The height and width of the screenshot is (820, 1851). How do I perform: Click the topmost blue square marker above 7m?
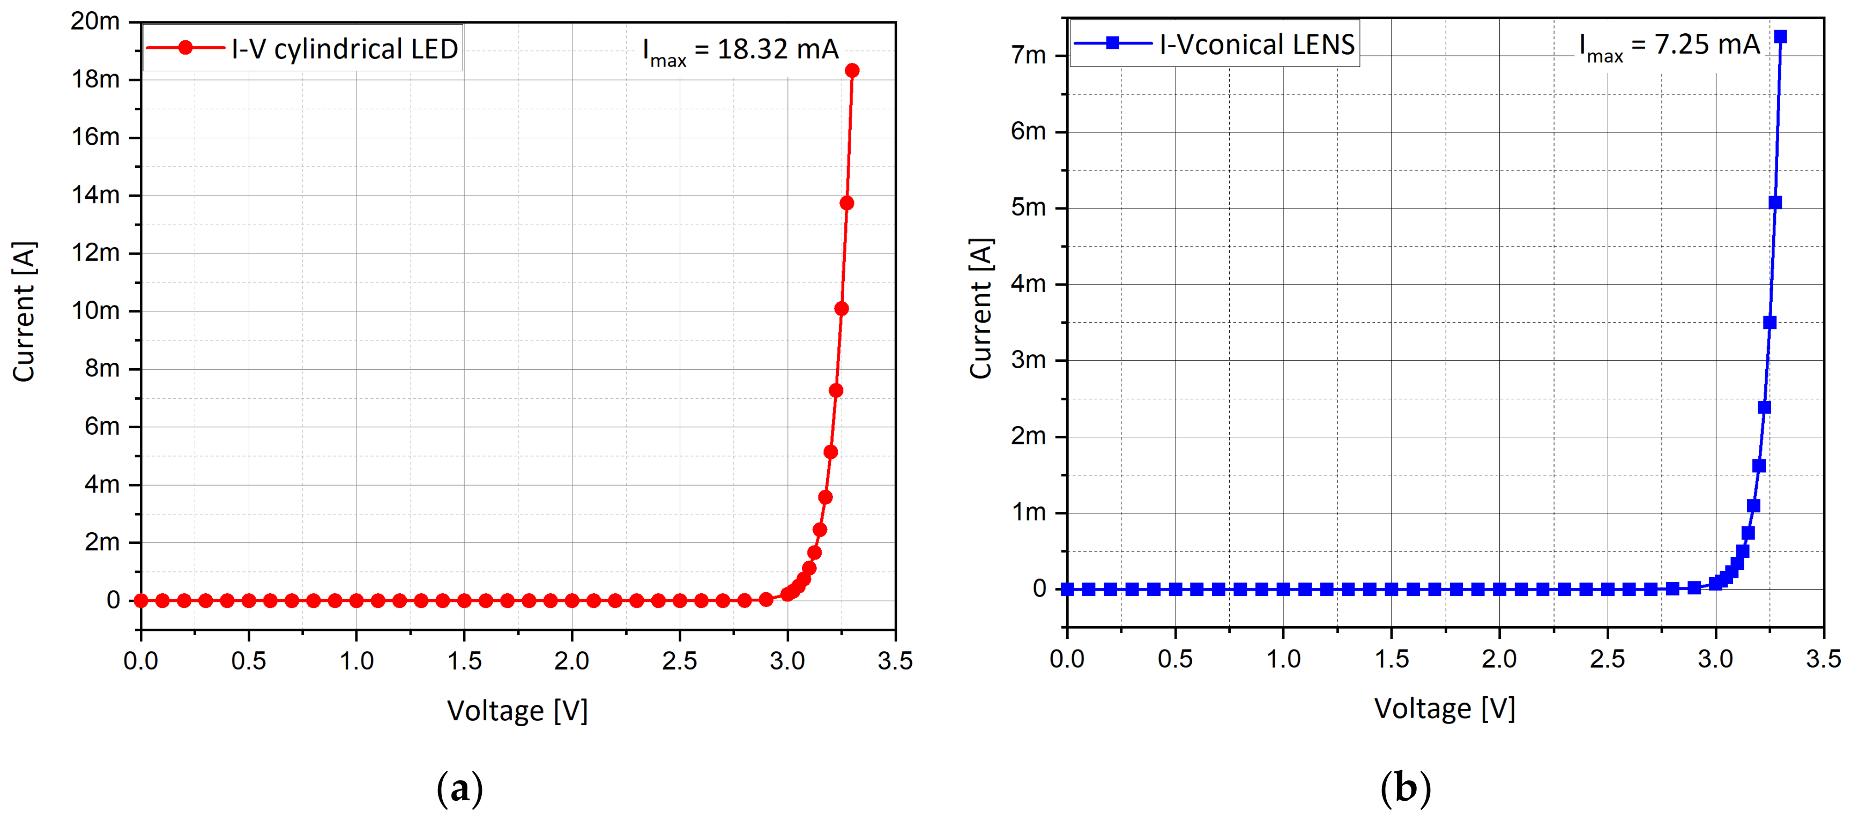[1780, 36]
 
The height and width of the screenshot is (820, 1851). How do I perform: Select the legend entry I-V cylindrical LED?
[302, 49]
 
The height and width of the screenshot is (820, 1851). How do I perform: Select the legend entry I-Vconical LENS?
[1214, 44]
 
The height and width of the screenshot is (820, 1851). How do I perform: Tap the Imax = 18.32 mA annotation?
[740, 50]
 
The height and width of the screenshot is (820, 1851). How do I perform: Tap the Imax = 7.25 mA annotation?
[1669, 46]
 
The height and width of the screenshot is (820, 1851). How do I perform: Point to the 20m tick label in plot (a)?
[95, 21]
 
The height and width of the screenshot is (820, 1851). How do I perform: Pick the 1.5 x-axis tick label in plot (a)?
[464, 660]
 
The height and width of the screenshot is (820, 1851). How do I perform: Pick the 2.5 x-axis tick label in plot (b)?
[1608, 658]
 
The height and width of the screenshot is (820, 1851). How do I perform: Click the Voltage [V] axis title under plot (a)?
[517, 711]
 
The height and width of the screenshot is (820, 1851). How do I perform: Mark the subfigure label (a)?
[460, 789]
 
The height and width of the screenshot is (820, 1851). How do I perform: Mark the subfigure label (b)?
[1405, 788]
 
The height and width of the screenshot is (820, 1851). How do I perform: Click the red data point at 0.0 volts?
[141, 600]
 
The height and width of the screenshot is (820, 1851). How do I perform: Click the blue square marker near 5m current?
[1775, 203]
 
